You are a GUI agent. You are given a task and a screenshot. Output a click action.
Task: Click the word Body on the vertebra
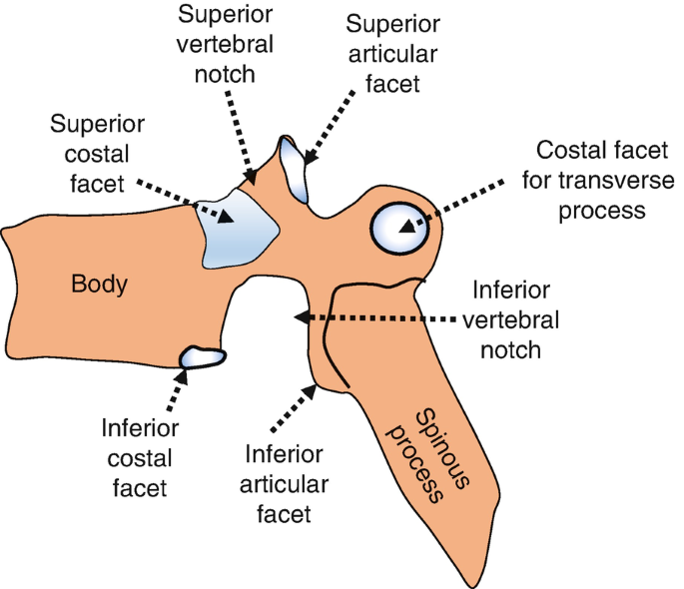pyautogui.click(x=99, y=285)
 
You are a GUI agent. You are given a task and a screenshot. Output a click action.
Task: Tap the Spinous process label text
pyautogui.click(x=427, y=456)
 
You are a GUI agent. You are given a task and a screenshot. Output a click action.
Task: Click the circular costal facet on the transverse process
pyautogui.click(x=399, y=228)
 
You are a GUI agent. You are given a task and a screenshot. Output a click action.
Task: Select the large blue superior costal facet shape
pyautogui.click(x=238, y=228)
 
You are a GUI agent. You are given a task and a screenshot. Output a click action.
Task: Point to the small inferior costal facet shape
pyautogui.click(x=203, y=357)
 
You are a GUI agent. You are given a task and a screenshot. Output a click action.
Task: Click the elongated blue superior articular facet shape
pyautogui.click(x=294, y=169)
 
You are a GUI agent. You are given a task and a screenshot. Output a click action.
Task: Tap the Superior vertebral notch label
pyautogui.click(x=225, y=44)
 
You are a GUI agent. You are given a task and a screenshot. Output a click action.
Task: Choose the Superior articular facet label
pyautogui.click(x=393, y=54)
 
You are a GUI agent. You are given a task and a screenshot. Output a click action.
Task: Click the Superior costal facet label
pyautogui.click(x=97, y=154)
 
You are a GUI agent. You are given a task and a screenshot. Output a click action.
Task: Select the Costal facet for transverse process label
pyautogui.click(x=598, y=180)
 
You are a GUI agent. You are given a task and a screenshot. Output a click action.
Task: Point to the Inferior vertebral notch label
pyautogui.click(x=511, y=320)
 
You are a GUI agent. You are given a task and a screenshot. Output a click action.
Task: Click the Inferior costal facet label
pyautogui.click(x=140, y=458)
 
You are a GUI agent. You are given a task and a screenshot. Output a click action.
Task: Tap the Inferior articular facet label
pyautogui.click(x=284, y=484)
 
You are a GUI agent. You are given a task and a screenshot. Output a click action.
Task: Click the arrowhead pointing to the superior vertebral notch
pyautogui.click(x=251, y=177)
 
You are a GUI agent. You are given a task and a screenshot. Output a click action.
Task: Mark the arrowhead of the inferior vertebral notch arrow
pyautogui.click(x=302, y=316)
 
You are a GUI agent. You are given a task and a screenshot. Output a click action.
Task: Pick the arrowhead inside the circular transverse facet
pyautogui.click(x=407, y=227)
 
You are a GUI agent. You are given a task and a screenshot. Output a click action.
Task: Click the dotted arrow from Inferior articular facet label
pyautogui.click(x=294, y=408)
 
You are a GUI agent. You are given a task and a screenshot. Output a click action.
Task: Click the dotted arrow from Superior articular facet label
pyautogui.click(x=330, y=128)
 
